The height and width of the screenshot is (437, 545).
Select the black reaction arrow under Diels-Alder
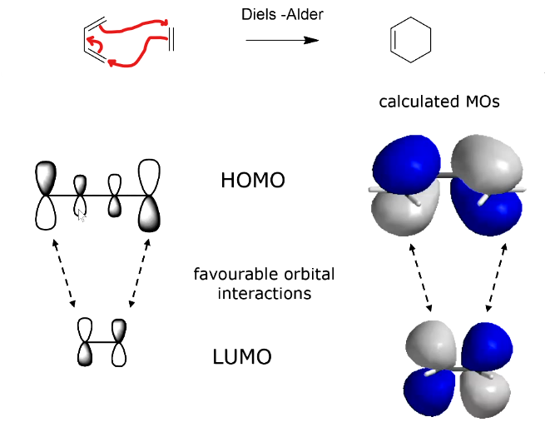pyautogui.click(x=282, y=40)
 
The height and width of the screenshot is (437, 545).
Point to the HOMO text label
pyautogui.click(x=253, y=180)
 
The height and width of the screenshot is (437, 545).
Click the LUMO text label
pyautogui.click(x=242, y=359)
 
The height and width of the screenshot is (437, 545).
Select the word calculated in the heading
pyautogui.click(x=417, y=102)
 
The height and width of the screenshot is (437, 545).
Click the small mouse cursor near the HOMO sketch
pyautogui.click(x=81, y=216)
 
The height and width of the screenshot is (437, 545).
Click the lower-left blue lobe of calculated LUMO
pyautogui.click(x=429, y=390)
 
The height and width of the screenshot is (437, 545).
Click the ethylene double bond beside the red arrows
pyautogui.click(x=171, y=37)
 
